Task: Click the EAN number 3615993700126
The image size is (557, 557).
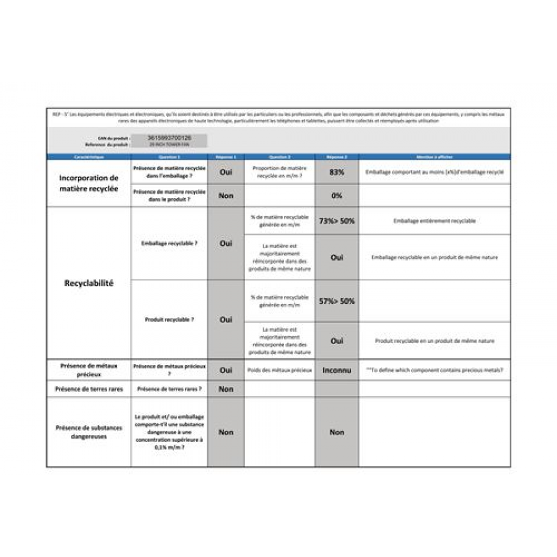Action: (169, 137)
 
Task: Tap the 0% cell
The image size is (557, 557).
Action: (337, 196)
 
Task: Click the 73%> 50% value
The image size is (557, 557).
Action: (337, 221)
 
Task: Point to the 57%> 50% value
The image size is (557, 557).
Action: (337, 301)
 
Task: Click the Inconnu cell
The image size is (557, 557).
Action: (337, 370)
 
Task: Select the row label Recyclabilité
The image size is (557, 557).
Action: (89, 283)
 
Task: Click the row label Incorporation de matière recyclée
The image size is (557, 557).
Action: (89, 183)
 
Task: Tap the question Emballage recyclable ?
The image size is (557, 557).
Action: (169, 244)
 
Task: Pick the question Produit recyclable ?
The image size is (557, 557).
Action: (169, 319)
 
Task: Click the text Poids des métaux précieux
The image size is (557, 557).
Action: (279, 370)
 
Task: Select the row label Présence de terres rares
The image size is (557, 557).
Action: (89, 389)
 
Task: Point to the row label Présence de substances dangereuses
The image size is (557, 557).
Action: (89, 432)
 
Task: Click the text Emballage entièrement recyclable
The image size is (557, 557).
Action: (434, 221)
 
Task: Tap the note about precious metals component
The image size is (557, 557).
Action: (434, 370)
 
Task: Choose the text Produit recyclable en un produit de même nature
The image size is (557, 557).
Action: (434, 340)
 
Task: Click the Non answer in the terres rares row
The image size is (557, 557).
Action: (226, 389)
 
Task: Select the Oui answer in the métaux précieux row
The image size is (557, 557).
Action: (226, 370)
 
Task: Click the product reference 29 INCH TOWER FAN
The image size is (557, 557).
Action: (169, 144)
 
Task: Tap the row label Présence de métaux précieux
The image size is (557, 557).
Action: (89, 370)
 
